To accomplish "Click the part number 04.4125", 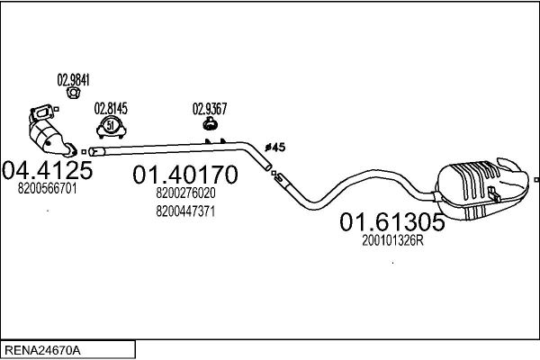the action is click(48, 170).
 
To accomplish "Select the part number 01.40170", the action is click(185, 175).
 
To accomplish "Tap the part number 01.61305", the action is click(392, 222).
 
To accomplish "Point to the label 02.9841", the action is click(74, 80).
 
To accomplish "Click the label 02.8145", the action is click(111, 108).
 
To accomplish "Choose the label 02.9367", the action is click(210, 109).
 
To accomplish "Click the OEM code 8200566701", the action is click(47, 188).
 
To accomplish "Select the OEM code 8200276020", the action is click(185, 193).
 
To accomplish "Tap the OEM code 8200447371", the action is click(185, 211).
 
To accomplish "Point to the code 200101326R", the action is click(392, 240).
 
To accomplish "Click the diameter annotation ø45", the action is click(275, 148).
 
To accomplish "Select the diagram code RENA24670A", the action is click(42, 350).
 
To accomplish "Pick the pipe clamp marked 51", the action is click(111, 127).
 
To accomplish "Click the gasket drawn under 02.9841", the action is click(73, 93).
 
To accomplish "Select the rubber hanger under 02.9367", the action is click(209, 123).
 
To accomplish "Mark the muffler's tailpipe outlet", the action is click(509, 165).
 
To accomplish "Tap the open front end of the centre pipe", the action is click(93, 152).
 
